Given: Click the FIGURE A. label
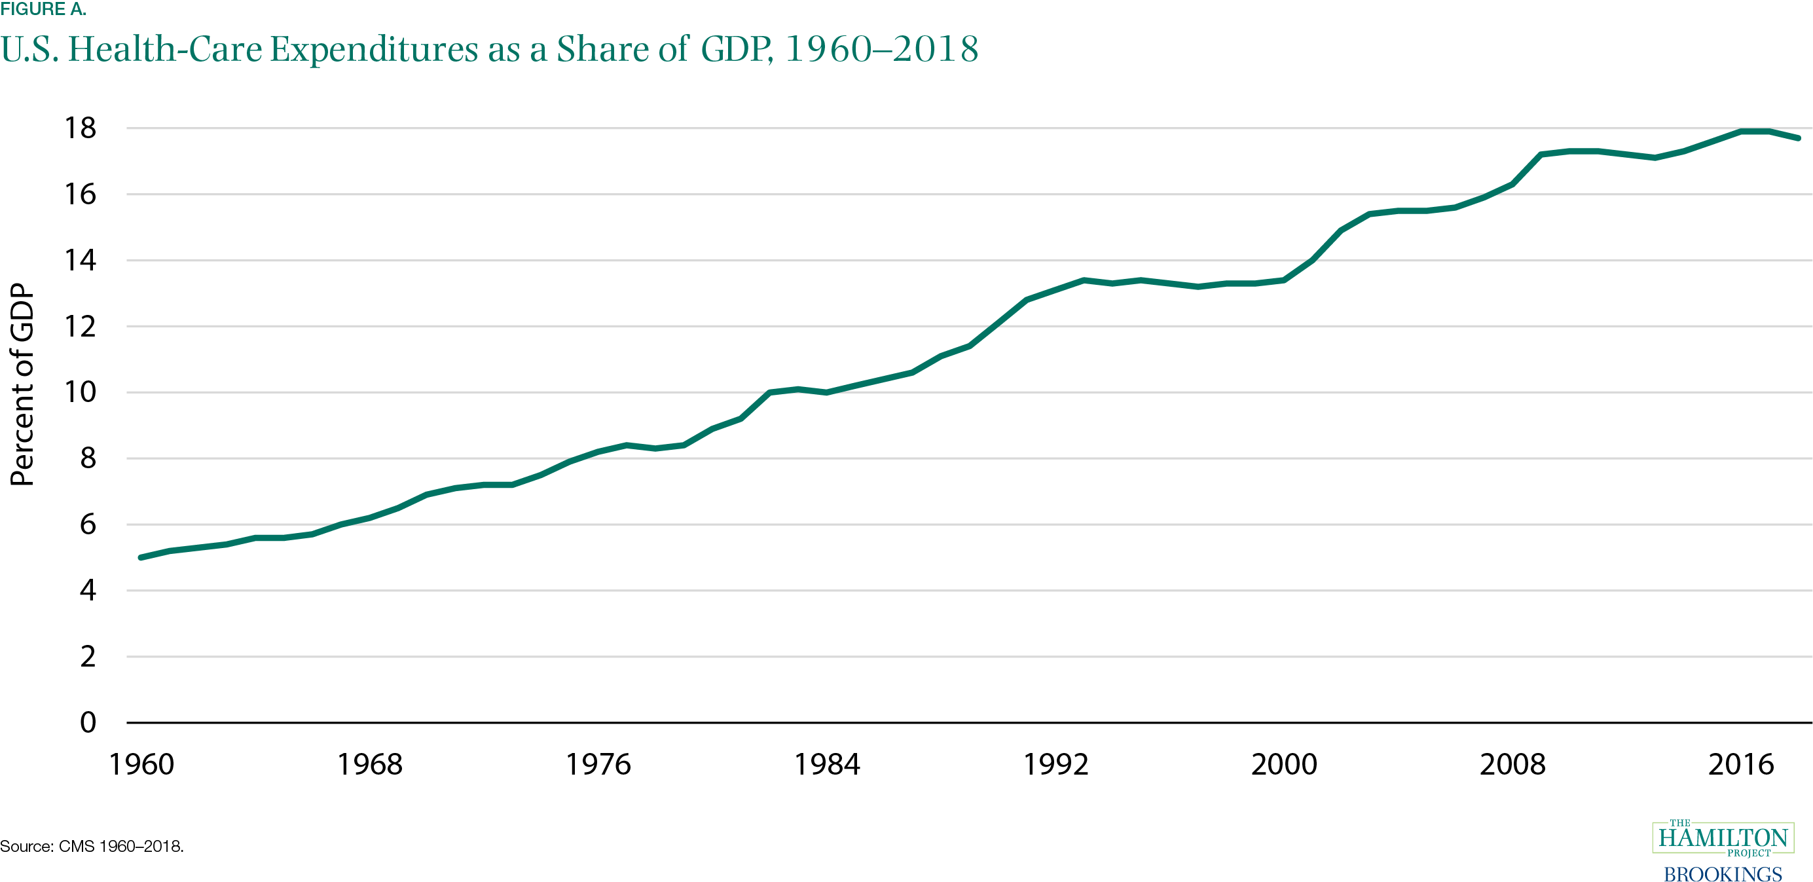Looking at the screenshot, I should point(43,9).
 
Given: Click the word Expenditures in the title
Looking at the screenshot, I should point(374,49).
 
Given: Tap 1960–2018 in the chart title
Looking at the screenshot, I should point(881,49).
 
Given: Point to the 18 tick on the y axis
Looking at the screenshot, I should point(81,128).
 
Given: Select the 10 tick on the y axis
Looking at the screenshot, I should point(81,392).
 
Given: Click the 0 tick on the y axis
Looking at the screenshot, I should point(87,722).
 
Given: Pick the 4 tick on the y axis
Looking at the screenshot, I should point(87,590).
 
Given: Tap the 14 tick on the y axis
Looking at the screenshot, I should point(81,261).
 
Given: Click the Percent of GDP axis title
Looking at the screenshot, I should point(22,384).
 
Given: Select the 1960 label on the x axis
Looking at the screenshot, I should point(141,764).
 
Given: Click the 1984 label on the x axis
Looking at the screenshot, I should point(827,764).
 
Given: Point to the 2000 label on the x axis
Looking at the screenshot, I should point(1284,764).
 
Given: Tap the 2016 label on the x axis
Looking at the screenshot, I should point(1741,764).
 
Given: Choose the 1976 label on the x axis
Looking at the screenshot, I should point(598,764).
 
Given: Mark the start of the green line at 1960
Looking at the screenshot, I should point(141,557).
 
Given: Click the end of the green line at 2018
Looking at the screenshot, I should point(1797,138).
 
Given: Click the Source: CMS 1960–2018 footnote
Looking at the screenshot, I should point(92,846).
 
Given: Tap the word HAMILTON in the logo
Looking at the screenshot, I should point(1723,837).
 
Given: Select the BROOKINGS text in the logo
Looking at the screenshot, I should point(1722,873).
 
